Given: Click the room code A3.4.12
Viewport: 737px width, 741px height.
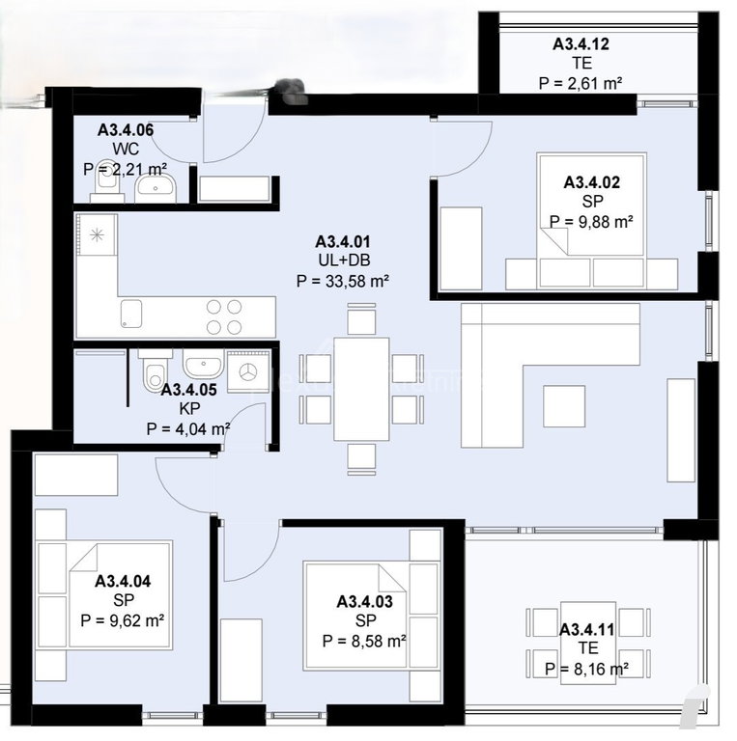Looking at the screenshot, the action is pyautogui.click(x=581, y=44).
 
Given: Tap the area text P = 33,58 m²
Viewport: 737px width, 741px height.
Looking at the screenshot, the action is pyautogui.click(x=343, y=281).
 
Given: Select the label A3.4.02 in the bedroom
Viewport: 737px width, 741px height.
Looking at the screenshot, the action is pyautogui.click(x=591, y=182).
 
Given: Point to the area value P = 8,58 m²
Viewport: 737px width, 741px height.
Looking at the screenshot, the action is pyautogui.click(x=364, y=642).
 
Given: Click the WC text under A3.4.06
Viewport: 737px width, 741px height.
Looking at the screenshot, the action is pyautogui.click(x=126, y=149).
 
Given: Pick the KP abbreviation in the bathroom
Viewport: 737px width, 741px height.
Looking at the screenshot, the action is pyautogui.click(x=189, y=408).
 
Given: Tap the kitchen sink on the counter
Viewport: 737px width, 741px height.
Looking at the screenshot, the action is pyautogui.click(x=131, y=314).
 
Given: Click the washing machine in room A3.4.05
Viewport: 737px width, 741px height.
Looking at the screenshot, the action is pyautogui.click(x=247, y=371).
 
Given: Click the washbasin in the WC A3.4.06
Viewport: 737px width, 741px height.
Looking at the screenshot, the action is pyautogui.click(x=156, y=187).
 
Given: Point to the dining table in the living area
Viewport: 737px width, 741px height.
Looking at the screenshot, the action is pyautogui.click(x=361, y=389).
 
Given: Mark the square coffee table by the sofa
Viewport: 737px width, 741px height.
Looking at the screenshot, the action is pyautogui.click(x=564, y=406).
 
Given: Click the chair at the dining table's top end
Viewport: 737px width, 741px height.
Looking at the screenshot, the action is pyautogui.click(x=361, y=319).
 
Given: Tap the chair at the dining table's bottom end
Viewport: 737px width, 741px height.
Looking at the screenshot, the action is pyautogui.click(x=361, y=459).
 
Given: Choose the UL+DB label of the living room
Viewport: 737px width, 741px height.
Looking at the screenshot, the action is pyautogui.click(x=344, y=260).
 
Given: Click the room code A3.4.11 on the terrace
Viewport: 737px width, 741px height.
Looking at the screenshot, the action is pyautogui.click(x=587, y=629).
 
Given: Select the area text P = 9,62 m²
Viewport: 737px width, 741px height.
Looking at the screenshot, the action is pyautogui.click(x=122, y=620).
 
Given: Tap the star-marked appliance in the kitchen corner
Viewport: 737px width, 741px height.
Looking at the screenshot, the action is pyautogui.click(x=97, y=234).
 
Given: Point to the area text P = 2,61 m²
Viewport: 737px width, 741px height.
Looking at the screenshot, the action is pyautogui.click(x=580, y=83).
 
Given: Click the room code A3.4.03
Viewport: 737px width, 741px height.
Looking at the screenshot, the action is pyautogui.click(x=364, y=602).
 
